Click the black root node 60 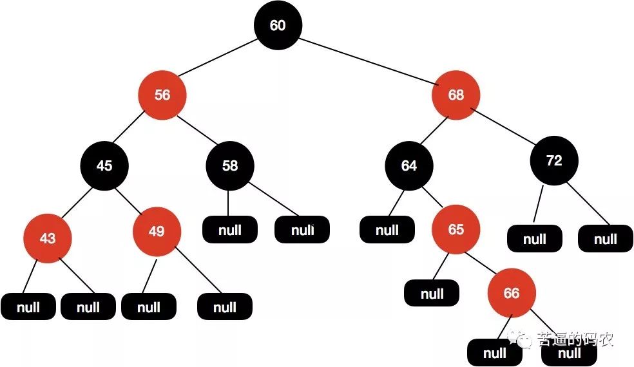277,26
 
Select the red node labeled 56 162,95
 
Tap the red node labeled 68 456,95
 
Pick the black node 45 104,166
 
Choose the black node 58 230,166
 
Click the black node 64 409,166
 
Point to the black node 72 554,161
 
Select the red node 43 48,238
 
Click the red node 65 456,230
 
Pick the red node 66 511,294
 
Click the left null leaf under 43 29,307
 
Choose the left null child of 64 387,230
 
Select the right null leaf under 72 605,240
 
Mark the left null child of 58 230,230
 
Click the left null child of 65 432,294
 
